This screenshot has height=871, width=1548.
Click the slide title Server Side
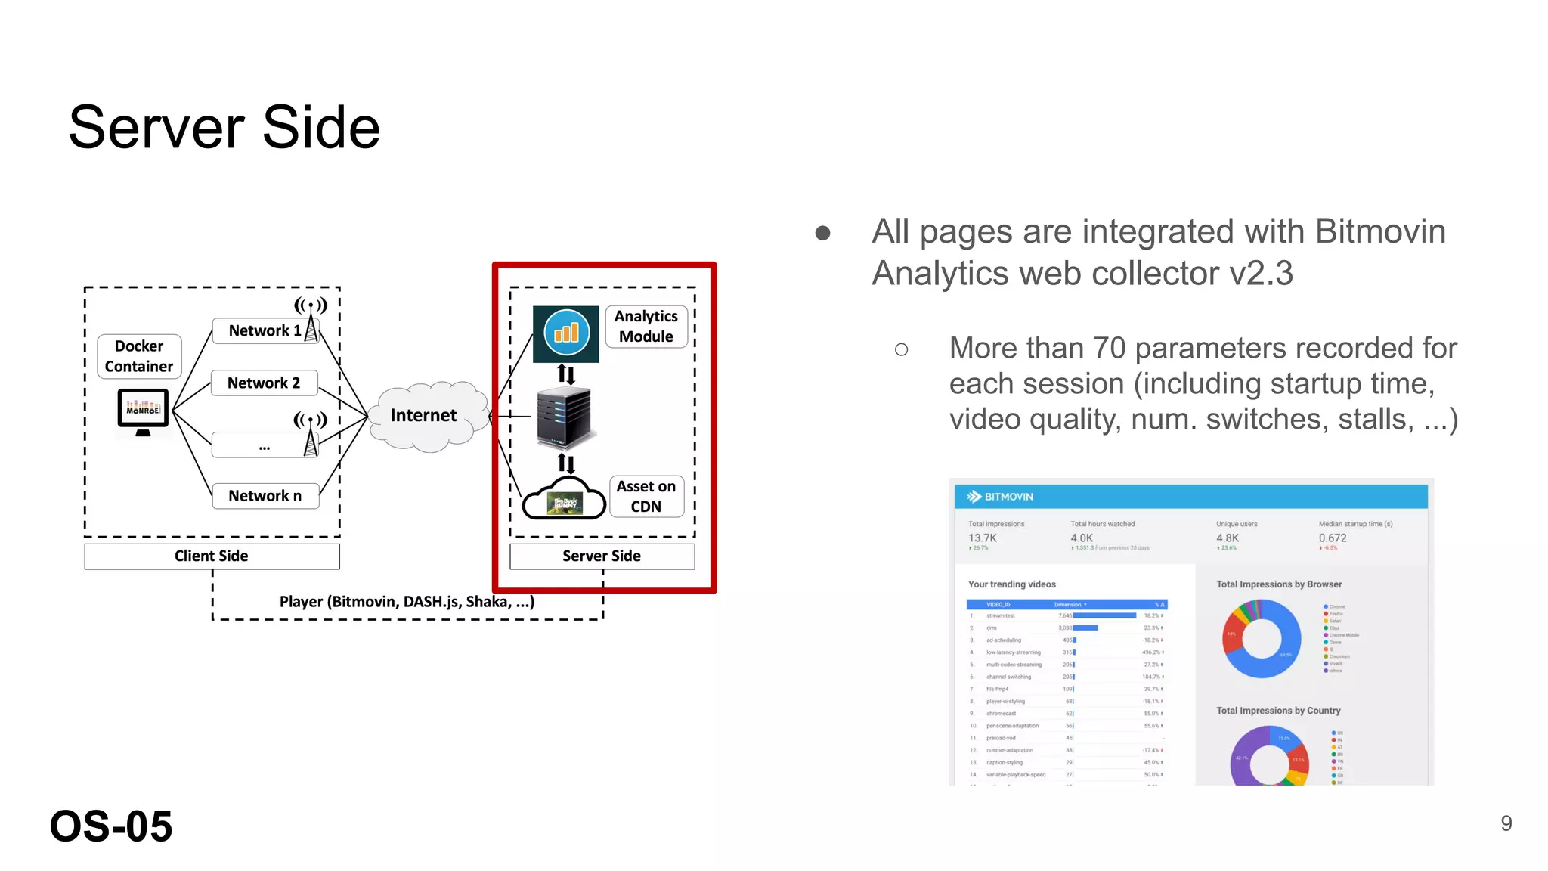pyautogui.click(x=224, y=127)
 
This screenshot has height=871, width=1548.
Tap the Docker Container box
pyautogui.click(x=139, y=356)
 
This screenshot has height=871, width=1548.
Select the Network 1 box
pyautogui.click(x=264, y=330)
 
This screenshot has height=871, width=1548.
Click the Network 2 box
pyautogui.click(x=264, y=383)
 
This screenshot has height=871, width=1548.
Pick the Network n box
pyautogui.click(x=265, y=496)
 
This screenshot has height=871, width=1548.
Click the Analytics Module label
pyautogui.click(x=646, y=327)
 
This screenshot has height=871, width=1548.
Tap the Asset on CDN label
pyautogui.click(x=646, y=497)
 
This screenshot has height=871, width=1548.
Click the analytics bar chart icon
pyautogui.click(x=565, y=333)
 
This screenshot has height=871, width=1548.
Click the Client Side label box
pyautogui.click(x=212, y=556)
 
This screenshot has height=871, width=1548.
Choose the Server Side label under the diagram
pyautogui.click(x=602, y=556)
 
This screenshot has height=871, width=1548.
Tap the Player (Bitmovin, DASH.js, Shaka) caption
pyautogui.click(x=407, y=602)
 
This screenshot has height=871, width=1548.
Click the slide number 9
pyautogui.click(x=1506, y=823)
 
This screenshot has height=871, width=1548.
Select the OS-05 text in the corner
pyautogui.click(x=111, y=826)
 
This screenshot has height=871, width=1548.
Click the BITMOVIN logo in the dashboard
pyautogui.click(x=1001, y=497)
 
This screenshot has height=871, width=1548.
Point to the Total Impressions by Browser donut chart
pyautogui.click(x=1262, y=639)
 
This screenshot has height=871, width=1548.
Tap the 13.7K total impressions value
pyautogui.click(x=983, y=538)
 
